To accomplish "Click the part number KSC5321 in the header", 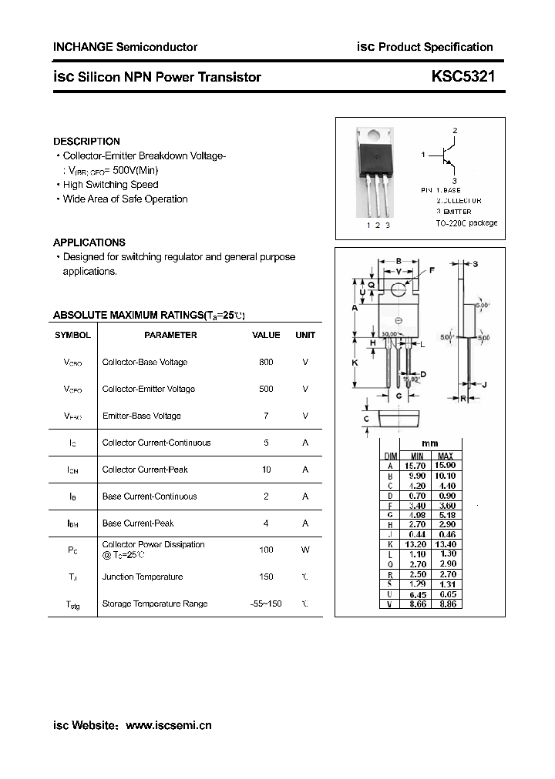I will [462, 77].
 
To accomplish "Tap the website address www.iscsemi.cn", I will [168, 725].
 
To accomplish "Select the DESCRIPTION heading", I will [86, 142].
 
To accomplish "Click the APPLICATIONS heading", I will [89, 242].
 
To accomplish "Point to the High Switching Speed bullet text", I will [110, 185].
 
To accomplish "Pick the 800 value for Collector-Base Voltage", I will [266, 362].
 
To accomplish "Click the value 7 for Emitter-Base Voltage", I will [266, 416].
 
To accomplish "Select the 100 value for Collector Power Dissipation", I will [266, 550].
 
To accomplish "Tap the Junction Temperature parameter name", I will [143, 577].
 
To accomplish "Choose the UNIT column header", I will [305, 335].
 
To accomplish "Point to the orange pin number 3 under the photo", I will [388, 225].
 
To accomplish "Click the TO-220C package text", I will [466, 223].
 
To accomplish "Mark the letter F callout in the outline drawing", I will [432, 269].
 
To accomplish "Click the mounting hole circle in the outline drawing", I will [399, 289].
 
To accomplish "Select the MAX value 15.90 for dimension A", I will [445, 466].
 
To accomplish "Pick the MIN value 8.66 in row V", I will [417, 605].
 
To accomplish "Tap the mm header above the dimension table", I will [429, 444].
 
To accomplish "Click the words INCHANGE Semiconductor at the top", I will [125, 47].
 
